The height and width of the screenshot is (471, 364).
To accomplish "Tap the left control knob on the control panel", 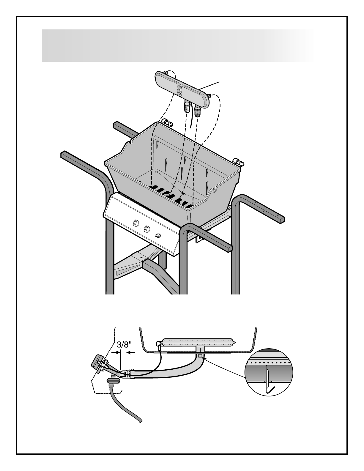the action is tap(135, 223).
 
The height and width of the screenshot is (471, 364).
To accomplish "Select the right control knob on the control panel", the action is tap(147, 229).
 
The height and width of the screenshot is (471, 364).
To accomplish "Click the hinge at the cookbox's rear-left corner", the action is tap(168, 122).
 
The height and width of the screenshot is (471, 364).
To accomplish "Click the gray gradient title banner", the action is tap(178, 45).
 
